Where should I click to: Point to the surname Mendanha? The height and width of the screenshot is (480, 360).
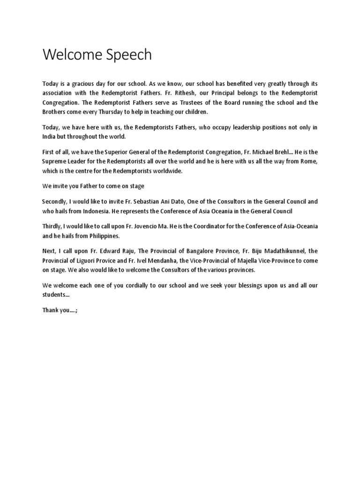click(156, 260)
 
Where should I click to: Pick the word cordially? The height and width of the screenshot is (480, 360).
click(122, 285)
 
